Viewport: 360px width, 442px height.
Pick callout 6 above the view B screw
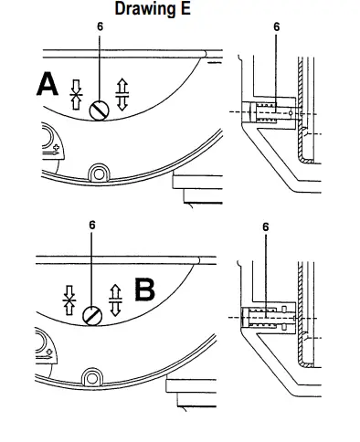92,225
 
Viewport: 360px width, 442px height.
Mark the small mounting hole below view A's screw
96,172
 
